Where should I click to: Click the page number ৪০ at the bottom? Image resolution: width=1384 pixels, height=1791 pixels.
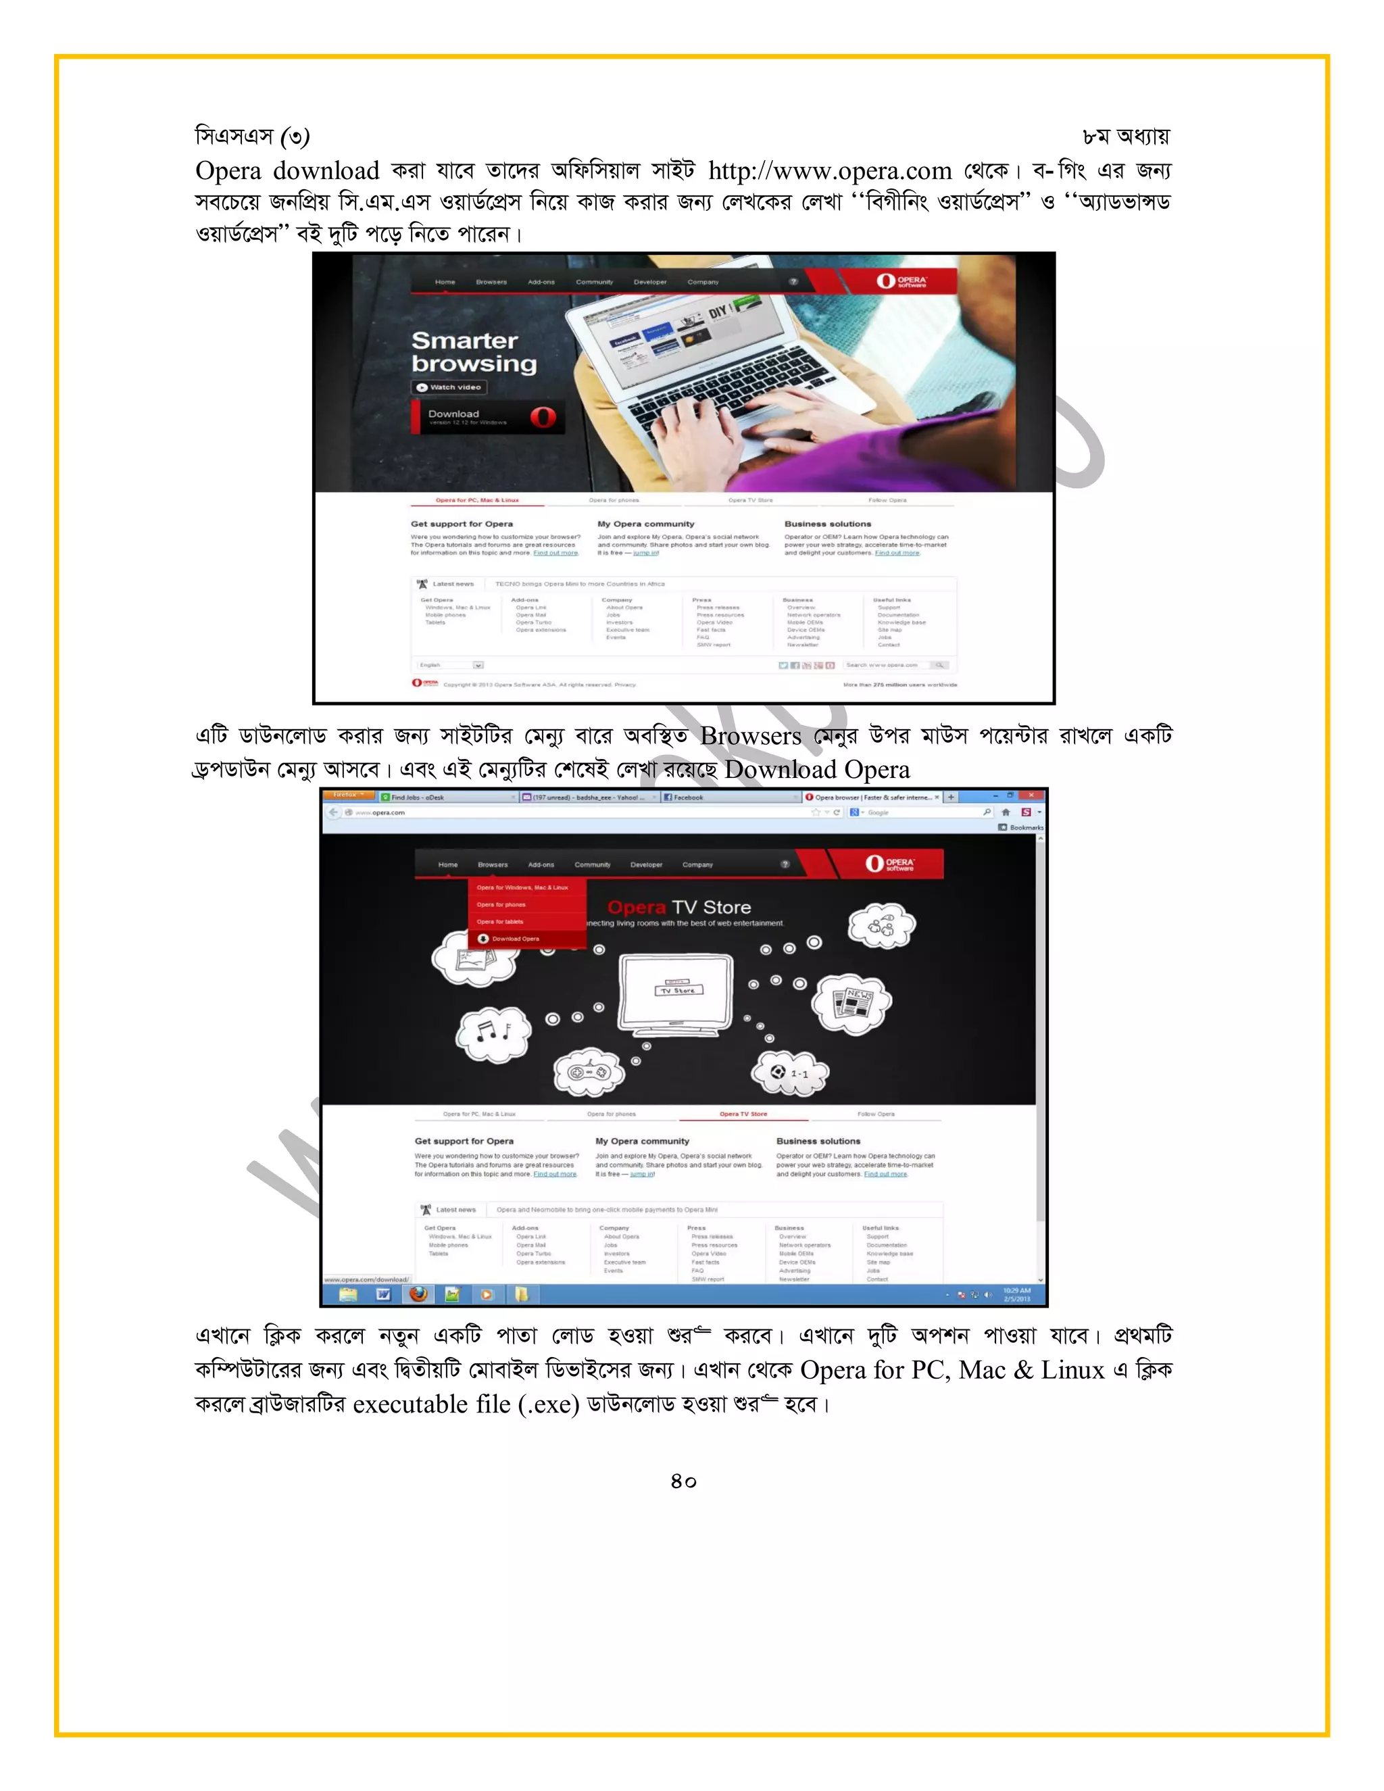click(x=683, y=1481)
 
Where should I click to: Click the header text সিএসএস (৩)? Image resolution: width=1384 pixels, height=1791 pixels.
click(x=251, y=136)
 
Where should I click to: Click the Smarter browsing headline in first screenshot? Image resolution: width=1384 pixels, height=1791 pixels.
click(x=474, y=352)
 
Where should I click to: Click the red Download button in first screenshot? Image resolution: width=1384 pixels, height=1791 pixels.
click(x=488, y=416)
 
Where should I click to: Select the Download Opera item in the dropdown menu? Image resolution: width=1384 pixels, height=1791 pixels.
click(x=514, y=939)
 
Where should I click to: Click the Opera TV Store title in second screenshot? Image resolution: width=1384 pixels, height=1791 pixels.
click(x=679, y=907)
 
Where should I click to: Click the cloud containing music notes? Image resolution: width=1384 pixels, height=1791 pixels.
click(x=493, y=1033)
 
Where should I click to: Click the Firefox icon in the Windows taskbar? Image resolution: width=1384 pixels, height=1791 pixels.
click(x=418, y=1294)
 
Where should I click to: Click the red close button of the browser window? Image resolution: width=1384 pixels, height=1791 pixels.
click(x=1031, y=795)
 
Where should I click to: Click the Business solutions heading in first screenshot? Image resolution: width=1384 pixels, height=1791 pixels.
click(x=827, y=524)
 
